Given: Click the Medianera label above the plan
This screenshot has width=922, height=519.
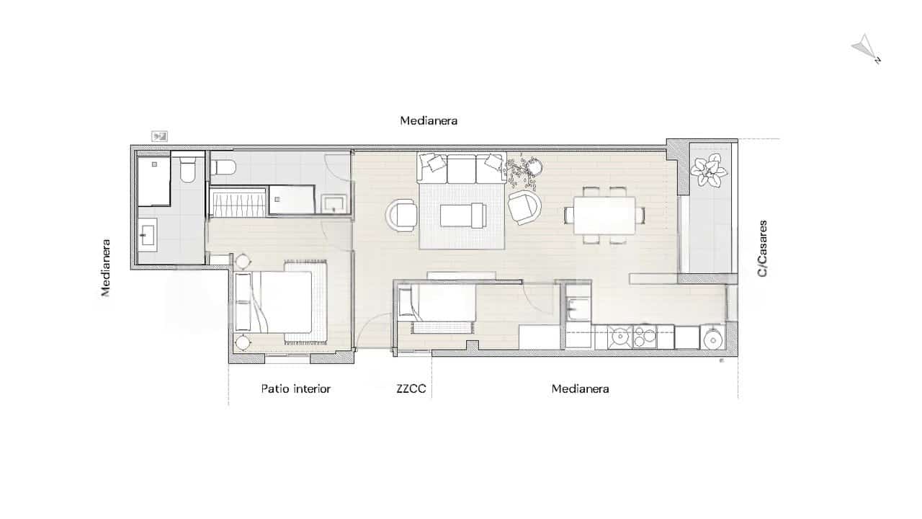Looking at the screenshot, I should pos(429,121).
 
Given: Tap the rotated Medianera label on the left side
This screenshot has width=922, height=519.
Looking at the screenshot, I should pos(106,267).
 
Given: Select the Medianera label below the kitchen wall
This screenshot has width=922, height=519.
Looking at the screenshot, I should pos(580,389).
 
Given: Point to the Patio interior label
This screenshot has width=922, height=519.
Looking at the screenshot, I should pos(295,389).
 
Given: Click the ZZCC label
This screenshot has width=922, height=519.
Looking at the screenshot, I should pos(411,389).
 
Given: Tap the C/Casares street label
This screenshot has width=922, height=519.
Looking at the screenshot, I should pos(763,249).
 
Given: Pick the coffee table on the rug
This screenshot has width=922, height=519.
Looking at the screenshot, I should pos(463,214).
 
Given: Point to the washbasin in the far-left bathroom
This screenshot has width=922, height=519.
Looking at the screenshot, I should pos(149,234).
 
